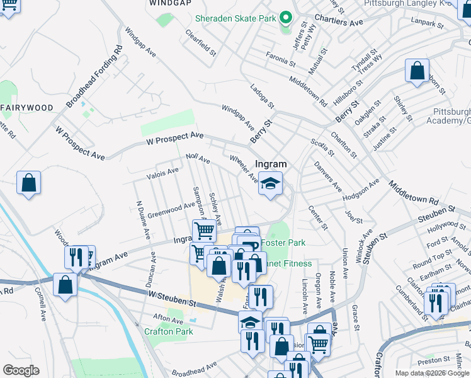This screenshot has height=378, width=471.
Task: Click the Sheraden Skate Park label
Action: pyautogui.click(x=235, y=18)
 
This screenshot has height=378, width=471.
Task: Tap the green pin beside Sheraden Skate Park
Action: pyautogui.click(x=285, y=18)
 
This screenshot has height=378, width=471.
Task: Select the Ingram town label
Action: pyautogui.click(x=271, y=164)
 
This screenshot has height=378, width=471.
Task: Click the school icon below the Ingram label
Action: pyautogui.click(x=271, y=184)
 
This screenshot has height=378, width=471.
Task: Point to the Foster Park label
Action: pyautogui.click(x=283, y=243)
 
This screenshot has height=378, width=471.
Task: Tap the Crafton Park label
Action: pyautogui.click(x=168, y=331)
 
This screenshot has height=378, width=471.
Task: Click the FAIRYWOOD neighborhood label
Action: pyautogui.click(x=26, y=108)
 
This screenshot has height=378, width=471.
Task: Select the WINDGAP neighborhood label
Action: pyautogui.click(x=170, y=3)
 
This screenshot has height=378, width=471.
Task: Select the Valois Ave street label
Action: pyautogui.click(x=162, y=171)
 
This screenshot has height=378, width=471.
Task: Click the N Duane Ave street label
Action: pyautogui.click(x=142, y=220)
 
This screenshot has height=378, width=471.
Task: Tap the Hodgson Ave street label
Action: pyautogui.click(x=361, y=190)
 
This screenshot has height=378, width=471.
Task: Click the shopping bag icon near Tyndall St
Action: pyautogui.click(x=417, y=71)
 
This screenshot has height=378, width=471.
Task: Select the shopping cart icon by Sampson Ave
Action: pyautogui.click(x=204, y=231)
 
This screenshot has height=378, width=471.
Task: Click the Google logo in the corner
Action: pyautogui.click(x=21, y=370)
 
